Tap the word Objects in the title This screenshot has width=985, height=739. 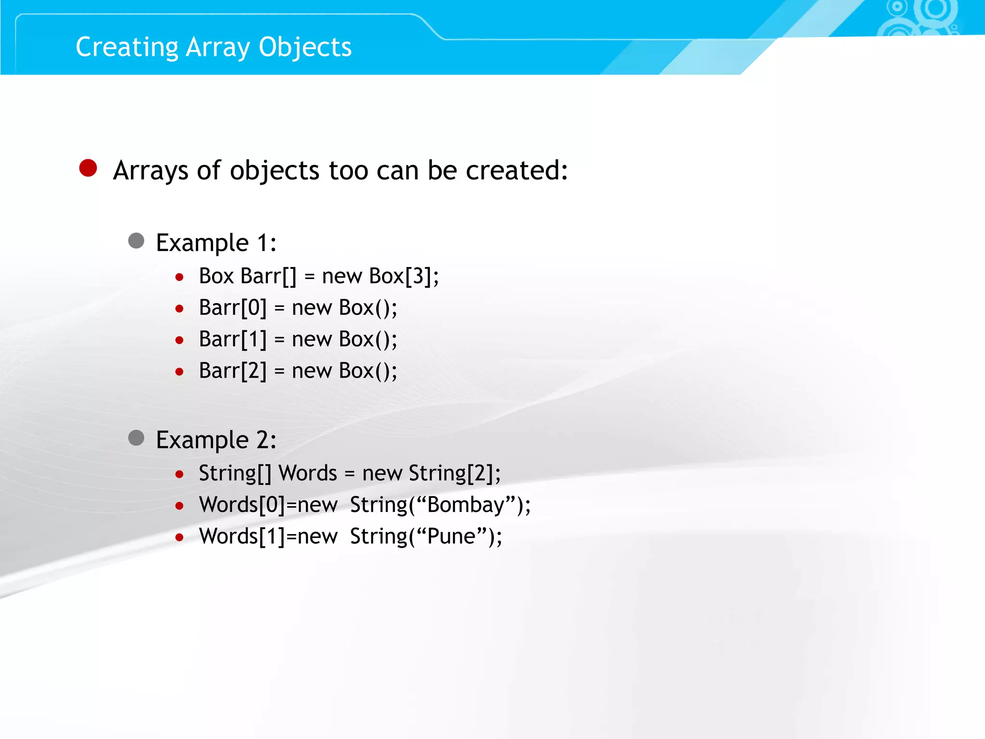pos(305,47)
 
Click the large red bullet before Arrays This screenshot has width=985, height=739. pos(88,168)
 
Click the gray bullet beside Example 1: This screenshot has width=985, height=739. pos(136,241)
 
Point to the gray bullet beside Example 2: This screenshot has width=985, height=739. pos(136,438)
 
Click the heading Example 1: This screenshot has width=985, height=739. pos(216,242)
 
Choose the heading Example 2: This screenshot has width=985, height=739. pos(216,440)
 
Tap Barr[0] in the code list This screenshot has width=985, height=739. pos(233,308)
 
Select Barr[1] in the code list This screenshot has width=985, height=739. pos(233,340)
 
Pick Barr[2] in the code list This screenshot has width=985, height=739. pos(233,371)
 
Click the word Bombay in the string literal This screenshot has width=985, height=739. pos(465,505)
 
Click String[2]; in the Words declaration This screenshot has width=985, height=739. pos(455,473)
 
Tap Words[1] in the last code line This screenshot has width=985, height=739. pos(242,536)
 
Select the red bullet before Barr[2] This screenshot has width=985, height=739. pos(179,372)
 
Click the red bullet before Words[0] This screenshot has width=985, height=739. pos(179,506)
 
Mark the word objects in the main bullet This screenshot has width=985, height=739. pos(275,170)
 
